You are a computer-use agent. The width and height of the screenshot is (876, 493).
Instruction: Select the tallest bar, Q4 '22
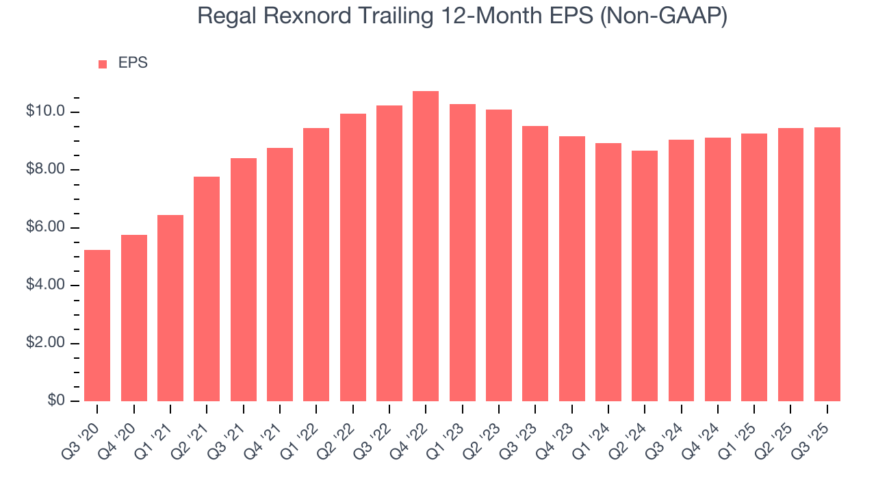426,246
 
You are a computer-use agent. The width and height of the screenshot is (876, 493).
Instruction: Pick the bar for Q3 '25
827,264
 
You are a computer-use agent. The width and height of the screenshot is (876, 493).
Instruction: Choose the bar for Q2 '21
207,289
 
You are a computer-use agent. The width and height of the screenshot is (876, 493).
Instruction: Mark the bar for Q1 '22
316,264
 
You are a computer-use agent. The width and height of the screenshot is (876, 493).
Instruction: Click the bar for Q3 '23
535,264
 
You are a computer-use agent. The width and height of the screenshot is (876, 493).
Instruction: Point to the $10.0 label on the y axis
45,112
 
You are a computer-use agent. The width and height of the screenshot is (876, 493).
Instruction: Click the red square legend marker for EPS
103,64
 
